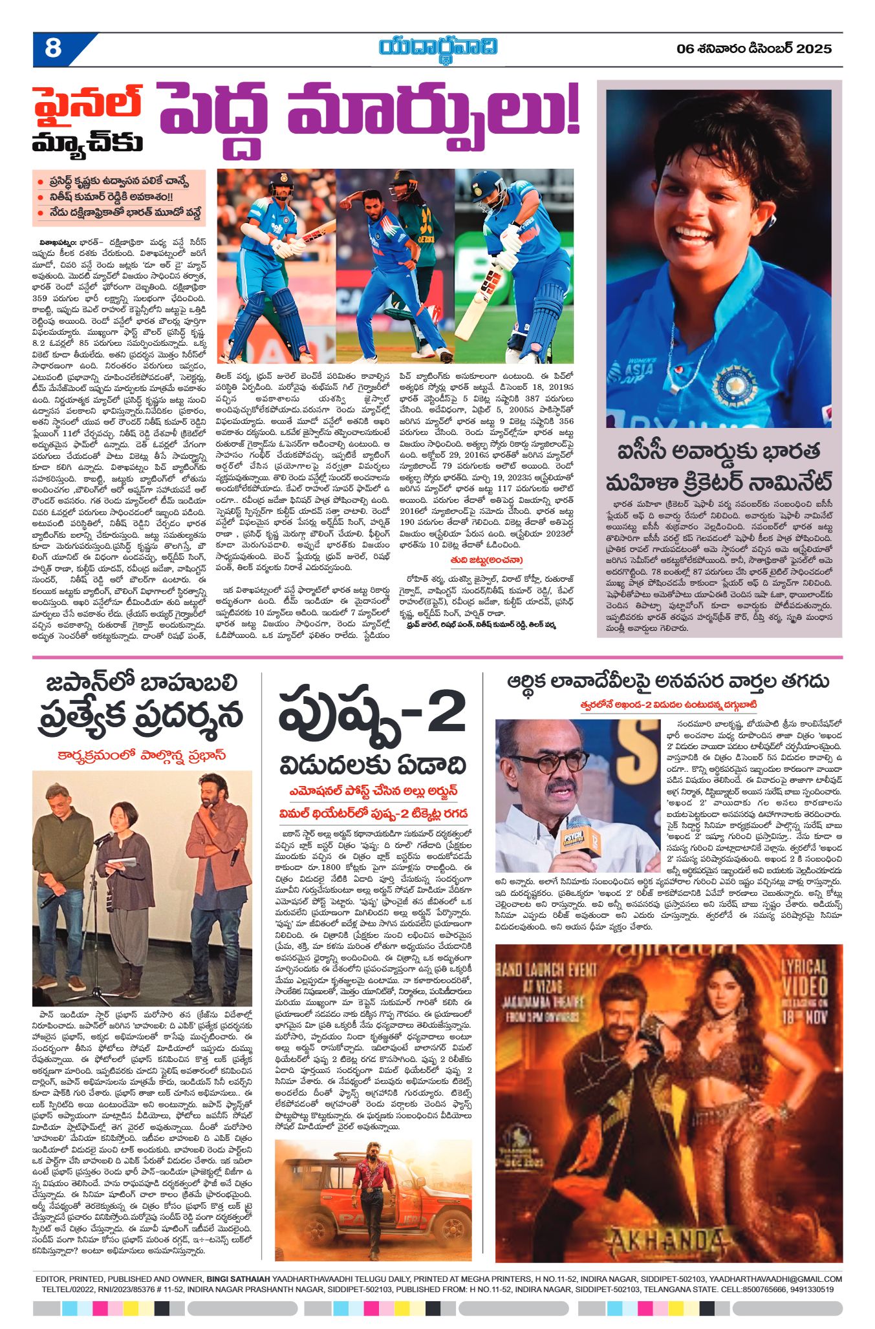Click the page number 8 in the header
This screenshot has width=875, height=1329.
[x=53, y=48]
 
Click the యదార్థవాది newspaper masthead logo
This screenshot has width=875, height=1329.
[x=438, y=49]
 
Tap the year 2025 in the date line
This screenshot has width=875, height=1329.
[x=814, y=48]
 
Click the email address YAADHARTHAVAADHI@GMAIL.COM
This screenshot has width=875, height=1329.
[x=775, y=1279]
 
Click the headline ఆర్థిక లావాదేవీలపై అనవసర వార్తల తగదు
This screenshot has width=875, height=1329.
[x=667, y=681]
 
